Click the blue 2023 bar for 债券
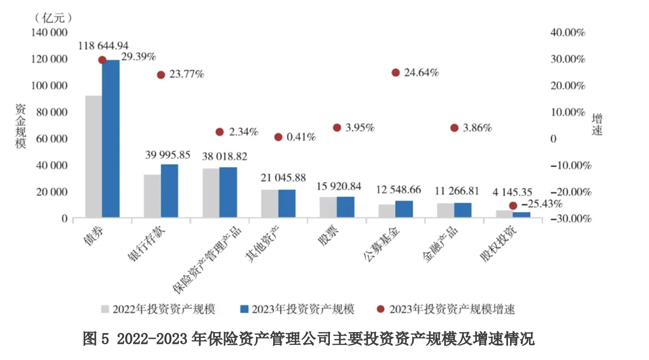pyautogui.click(x=111, y=138)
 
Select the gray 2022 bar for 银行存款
pyautogui.click(x=152, y=196)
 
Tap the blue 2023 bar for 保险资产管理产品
pyautogui.click(x=228, y=192)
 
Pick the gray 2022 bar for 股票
pyautogui.click(x=328, y=207)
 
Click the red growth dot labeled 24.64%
pyautogui.click(x=395, y=72)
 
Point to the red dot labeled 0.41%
pyautogui.click(x=278, y=137)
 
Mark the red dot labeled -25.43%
pyautogui.click(x=513, y=205)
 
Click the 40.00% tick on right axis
pyautogui.click(x=568, y=33)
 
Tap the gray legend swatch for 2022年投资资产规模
pyautogui.click(x=105, y=309)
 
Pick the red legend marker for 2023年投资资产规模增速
pyautogui.click(x=381, y=309)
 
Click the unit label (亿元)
pyautogui.click(x=54, y=18)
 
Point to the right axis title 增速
pyautogui.click(x=597, y=124)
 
